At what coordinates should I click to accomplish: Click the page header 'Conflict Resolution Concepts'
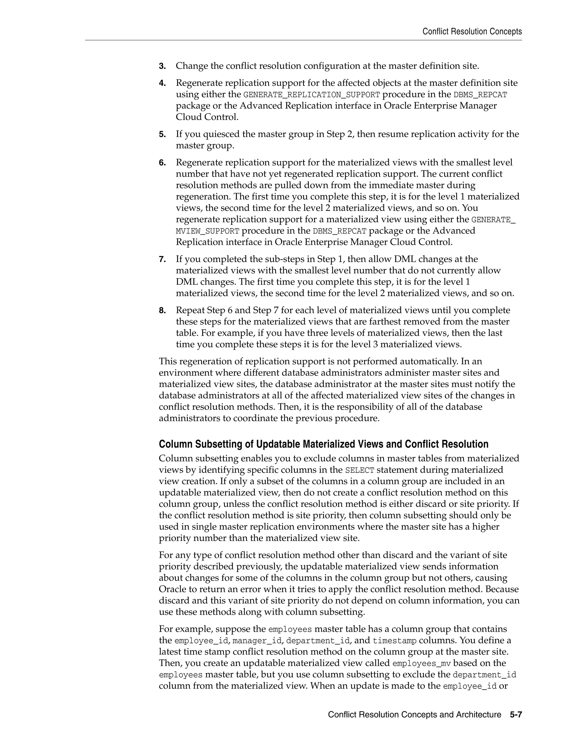coord(472,32)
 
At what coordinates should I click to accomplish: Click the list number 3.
coord(162,66)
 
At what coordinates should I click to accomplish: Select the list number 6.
coord(162,163)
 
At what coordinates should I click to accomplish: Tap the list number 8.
coord(162,311)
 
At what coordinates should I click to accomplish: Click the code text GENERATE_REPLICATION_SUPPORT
coord(312,95)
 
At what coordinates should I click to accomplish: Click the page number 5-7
coord(516,715)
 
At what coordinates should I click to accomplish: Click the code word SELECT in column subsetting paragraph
coord(360,470)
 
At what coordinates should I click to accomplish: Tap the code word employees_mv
coord(421,663)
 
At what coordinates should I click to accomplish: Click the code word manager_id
coord(256,641)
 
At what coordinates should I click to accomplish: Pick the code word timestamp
coord(394,641)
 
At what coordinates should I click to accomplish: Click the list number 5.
coord(162,134)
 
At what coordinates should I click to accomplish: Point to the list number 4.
coord(162,83)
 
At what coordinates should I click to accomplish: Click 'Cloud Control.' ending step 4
coord(207,117)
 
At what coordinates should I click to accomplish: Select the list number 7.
coord(162,259)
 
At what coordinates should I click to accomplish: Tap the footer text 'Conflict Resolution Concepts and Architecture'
coord(414,715)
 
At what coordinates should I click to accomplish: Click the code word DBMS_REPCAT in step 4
coord(480,95)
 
